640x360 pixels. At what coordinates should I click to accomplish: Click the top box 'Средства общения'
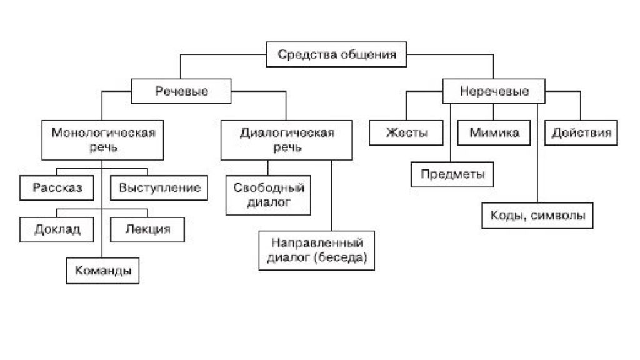[336, 54]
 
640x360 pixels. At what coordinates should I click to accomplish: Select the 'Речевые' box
[181, 91]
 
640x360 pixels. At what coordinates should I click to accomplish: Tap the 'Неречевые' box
[494, 91]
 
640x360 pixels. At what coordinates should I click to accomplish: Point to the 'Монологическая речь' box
[103, 140]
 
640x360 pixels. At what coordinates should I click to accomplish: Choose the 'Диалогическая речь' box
[286, 140]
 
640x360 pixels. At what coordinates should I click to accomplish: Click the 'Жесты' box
[406, 132]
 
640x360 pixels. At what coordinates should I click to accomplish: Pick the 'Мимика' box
[494, 132]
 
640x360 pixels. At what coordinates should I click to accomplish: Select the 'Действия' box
[581, 132]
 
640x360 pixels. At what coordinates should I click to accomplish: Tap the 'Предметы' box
[452, 175]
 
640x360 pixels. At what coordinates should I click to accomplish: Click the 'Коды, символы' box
[537, 216]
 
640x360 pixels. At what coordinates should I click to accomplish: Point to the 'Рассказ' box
[57, 188]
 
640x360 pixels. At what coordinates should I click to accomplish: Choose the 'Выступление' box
[159, 188]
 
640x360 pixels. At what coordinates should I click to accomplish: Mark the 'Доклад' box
[57, 230]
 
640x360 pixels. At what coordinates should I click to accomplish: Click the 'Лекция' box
[147, 230]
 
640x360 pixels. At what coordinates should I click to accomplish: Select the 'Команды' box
[103, 271]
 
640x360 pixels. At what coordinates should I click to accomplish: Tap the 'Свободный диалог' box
[268, 195]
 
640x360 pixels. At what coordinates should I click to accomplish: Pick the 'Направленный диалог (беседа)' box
[317, 251]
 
